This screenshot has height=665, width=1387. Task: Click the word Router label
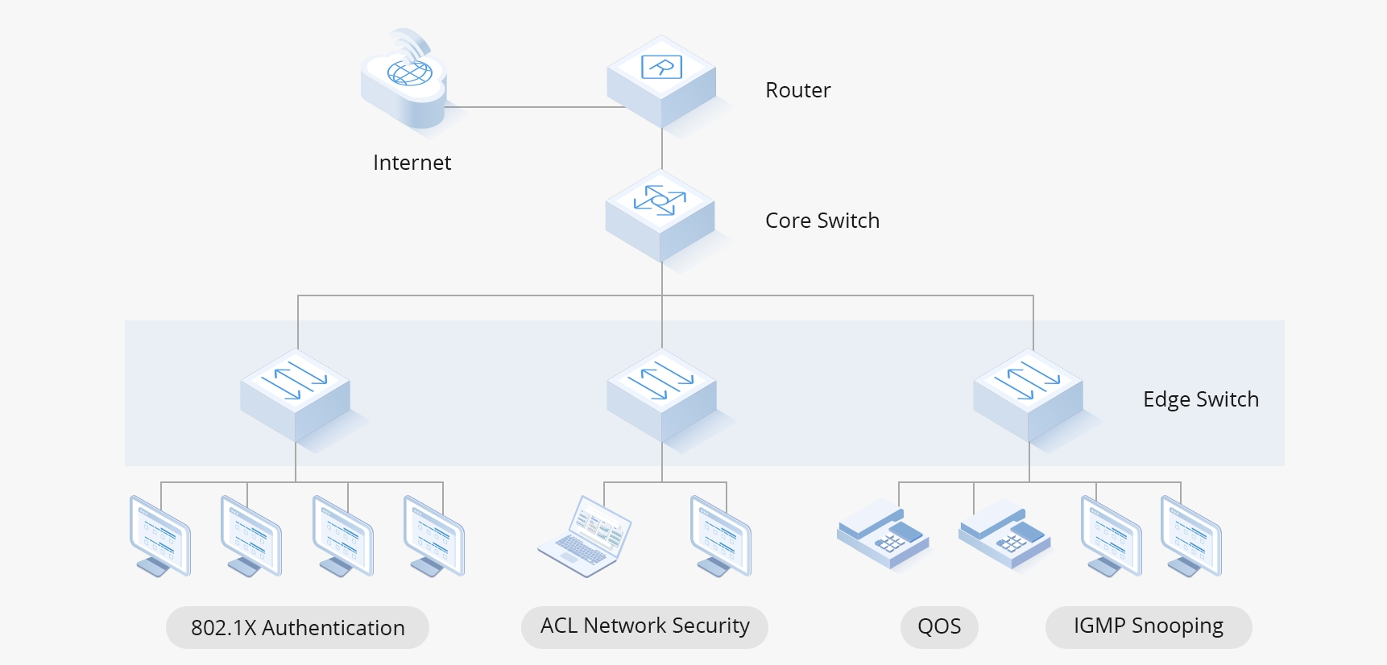click(x=797, y=90)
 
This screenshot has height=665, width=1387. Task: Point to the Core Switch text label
click(x=822, y=221)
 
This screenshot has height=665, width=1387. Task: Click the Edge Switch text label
click(x=1200, y=399)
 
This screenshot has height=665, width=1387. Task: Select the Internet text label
click(x=412, y=163)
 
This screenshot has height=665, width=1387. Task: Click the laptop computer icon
click(x=585, y=536)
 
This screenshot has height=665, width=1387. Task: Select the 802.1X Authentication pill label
click(x=297, y=627)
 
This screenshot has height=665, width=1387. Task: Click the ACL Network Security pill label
click(x=644, y=626)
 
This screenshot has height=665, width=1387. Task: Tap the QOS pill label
click(x=939, y=626)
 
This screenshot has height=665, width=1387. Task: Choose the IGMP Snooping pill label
click(x=1148, y=626)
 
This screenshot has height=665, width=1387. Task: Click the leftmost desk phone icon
click(x=883, y=534)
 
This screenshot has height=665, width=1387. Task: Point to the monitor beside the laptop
click(x=721, y=535)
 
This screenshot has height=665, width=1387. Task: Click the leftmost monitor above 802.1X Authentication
click(x=160, y=535)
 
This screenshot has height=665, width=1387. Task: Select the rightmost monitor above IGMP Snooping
click(x=1191, y=535)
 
